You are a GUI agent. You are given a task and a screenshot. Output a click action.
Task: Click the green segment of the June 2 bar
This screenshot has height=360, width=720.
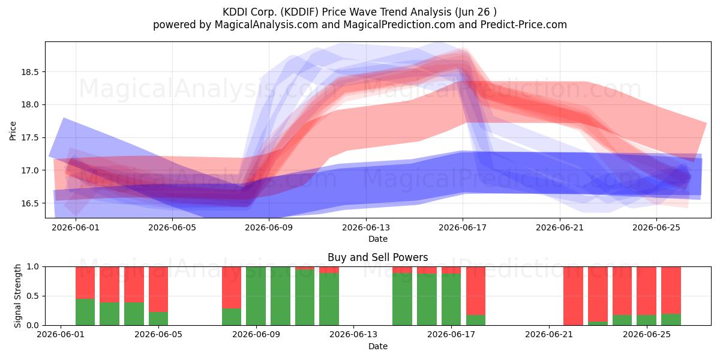pyautogui.click(x=85, y=312)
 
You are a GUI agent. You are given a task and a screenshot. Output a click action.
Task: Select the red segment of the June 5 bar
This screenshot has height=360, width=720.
pyautogui.click(x=158, y=289)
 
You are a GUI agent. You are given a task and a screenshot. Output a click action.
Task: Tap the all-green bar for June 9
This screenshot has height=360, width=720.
pyautogui.click(x=256, y=296)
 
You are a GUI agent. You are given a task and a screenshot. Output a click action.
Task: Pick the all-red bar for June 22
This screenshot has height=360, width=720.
pyautogui.click(x=573, y=296)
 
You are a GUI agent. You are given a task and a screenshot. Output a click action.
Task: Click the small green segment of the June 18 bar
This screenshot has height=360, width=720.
pyautogui.click(x=476, y=320)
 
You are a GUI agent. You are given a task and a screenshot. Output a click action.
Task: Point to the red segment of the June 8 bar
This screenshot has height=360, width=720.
pyautogui.click(x=232, y=287)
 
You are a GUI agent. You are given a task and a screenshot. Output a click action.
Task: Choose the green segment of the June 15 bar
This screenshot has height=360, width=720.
pyautogui.click(x=403, y=299)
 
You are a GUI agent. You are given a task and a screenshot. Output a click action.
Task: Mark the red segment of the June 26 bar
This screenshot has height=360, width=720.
pyautogui.click(x=671, y=290)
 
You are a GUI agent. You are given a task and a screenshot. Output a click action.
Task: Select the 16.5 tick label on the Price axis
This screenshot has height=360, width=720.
pyautogui.click(x=30, y=203)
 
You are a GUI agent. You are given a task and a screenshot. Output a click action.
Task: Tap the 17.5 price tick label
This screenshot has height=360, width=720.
pyautogui.click(x=30, y=138)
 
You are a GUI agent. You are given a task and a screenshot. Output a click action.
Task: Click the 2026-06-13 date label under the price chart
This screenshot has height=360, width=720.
pyautogui.click(x=366, y=227)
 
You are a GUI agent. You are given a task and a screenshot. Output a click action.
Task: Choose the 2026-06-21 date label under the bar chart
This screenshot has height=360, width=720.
pyautogui.click(x=549, y=335)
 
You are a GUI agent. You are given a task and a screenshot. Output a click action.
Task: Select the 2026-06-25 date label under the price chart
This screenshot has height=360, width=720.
pyautogui.click(x=656, y=227)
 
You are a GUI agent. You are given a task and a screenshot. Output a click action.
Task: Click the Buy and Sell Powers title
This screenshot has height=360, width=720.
pyautogui.click(x=377, y=257)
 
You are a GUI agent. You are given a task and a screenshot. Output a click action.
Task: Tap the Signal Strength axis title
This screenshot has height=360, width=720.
pyautogui.click(x=17, y=296)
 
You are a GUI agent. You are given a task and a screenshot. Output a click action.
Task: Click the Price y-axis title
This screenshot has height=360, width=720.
pyautogui.click(x=13, y=131)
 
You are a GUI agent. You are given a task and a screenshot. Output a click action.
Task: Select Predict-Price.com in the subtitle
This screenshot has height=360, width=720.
pyautogui.click(x=524, y=25)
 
